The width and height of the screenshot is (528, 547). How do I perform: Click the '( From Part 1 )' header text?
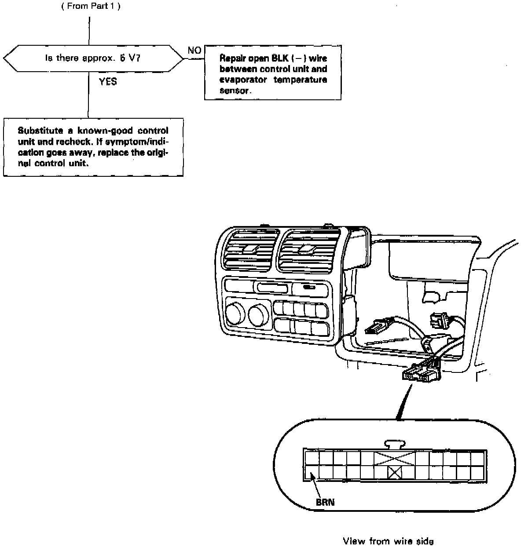click(91, 6)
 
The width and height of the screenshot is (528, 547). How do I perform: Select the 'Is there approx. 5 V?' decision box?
click(93, 58)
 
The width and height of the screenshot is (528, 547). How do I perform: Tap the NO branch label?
click(194, 51)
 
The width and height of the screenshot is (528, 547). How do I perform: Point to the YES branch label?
click(108, 82)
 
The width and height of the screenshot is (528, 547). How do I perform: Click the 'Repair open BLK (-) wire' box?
click(273, 73)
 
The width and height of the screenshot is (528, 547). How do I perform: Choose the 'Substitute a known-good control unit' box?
click(93, 147)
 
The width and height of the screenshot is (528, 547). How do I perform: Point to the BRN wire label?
click(325, 502)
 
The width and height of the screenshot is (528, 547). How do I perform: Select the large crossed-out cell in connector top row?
click(395, 458)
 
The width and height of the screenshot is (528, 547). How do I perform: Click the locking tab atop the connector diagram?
click(395, 444)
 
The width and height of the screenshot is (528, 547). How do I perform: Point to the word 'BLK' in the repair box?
click(280, 58)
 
